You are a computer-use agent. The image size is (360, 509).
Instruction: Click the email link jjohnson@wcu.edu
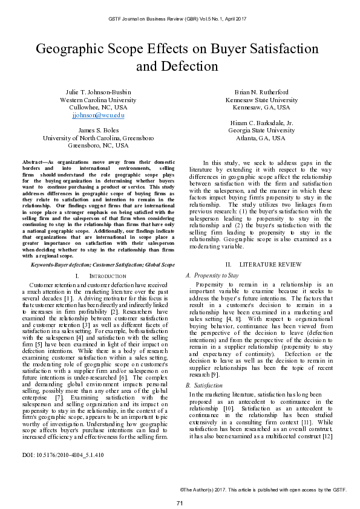pos(98,115)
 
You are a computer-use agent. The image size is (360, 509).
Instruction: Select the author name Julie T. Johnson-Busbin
pos(98,91)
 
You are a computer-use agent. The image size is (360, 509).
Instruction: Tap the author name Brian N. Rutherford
pos(261,91)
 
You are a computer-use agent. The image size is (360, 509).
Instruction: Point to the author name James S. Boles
pos(98,130)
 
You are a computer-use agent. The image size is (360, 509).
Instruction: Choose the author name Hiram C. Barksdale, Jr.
pos(261,122)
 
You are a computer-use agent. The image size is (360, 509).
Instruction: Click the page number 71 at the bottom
pos(180,487)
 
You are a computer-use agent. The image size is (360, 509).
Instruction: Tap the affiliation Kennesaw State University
pos(261,100)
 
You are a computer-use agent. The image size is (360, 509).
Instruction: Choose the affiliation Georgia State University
pos(261,130)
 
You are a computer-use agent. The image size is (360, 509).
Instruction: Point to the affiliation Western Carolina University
pos(98,100)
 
